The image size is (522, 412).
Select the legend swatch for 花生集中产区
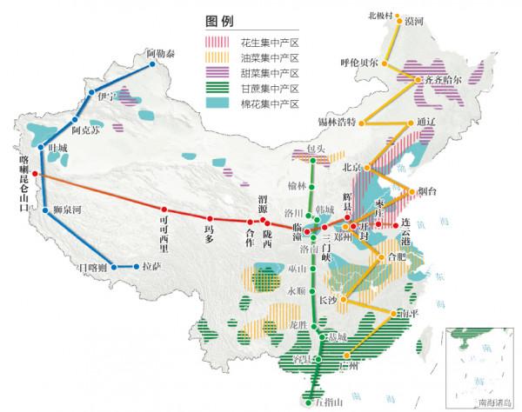(217, 41)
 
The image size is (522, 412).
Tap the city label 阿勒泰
(160, 54)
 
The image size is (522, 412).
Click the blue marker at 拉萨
(137, 267)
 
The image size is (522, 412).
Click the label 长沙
(328, 300)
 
